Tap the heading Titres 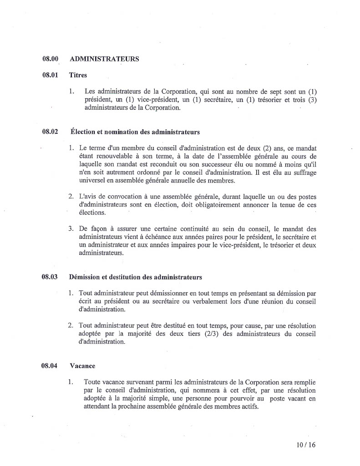pyautogui.click(x=78, y=75)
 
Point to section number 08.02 pyautogui.click(x=51, y=132)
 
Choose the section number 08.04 pyautogui.click(x=51, y=366)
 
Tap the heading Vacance pyautogui.click(x=82, y=366)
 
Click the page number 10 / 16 pyautogui.click(x=305, y=445)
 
